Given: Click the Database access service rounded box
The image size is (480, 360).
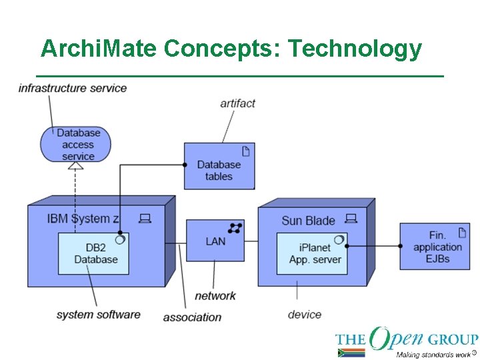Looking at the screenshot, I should tap(75, 144).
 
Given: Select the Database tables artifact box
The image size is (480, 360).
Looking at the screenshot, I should tap(219, 166).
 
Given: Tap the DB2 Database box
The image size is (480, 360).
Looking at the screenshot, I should tap(93, 253).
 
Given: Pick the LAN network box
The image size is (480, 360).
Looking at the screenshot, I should tap(215, 241).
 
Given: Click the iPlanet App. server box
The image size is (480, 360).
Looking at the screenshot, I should tap(312, 253).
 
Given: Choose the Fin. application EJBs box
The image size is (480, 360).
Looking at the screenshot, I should tap(435, 246).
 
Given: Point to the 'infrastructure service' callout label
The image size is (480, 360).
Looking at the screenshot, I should tap(72, 88).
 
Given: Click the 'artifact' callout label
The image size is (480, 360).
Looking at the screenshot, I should tap(238, 103).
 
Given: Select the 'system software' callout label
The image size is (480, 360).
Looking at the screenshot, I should tap(98, 314).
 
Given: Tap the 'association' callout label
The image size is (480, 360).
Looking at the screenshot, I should tap(192, 317).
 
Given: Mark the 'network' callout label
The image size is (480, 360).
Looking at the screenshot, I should tap(215, 295).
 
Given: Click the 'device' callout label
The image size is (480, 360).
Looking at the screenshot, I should tap(305, 314).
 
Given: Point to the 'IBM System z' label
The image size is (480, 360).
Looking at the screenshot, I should tap(83, 218).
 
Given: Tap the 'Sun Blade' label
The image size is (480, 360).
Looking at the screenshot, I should tap(308, 221).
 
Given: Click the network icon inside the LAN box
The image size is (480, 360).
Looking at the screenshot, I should tap(235, 228).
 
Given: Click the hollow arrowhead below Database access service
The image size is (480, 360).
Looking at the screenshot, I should tap(75, 165).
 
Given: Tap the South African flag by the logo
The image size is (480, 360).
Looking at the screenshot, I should tap(351, 353).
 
